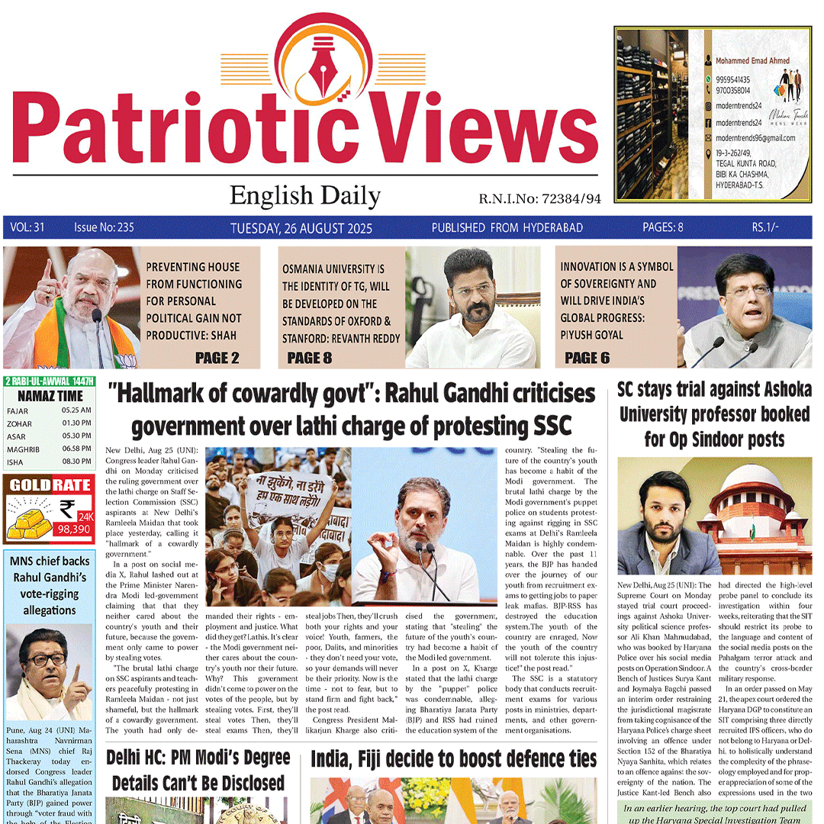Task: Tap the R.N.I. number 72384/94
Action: pos(571,198)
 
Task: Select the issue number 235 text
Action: pos(104,227)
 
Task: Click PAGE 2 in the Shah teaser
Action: pos(217,357)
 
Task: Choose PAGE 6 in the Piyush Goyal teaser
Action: pos(587,357)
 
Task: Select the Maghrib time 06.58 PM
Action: pos(76,449)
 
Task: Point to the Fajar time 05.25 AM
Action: pos(76,410)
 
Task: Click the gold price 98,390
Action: pos(75,528)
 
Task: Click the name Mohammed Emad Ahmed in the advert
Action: pos(752,60)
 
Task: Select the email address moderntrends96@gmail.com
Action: pos(755,138)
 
